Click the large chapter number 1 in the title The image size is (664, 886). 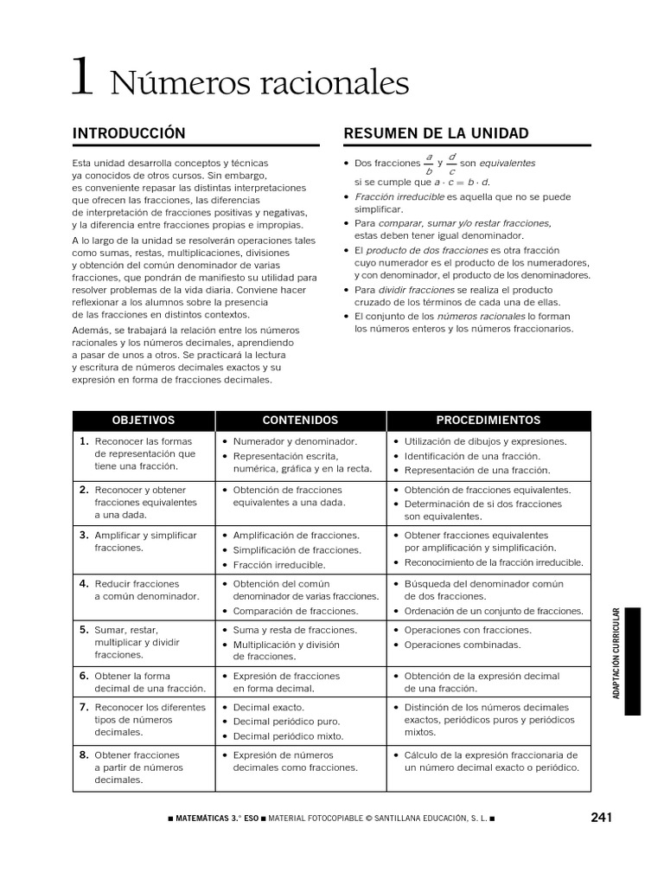(x=81, y=77)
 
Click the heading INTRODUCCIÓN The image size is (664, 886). (x=129, y=133)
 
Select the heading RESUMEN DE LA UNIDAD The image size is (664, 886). (x=437, y=133)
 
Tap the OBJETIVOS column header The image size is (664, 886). (x=144, y=421)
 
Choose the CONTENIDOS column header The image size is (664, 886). (x=300, y=421)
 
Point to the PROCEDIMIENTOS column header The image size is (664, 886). (x=488, y=421)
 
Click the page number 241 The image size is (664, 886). (x=602, y=818)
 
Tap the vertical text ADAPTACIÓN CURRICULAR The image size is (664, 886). (x=616, y=653)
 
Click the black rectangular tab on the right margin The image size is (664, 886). (x=633, y=661)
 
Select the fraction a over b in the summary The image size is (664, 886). (x=429, y=164)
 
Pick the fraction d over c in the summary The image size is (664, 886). (x=452, y=164)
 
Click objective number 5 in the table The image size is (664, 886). (x=85, y=630)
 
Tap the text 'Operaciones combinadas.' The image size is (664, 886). (x=463, y=645)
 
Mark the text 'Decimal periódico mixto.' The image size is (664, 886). (x=288, y=736)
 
